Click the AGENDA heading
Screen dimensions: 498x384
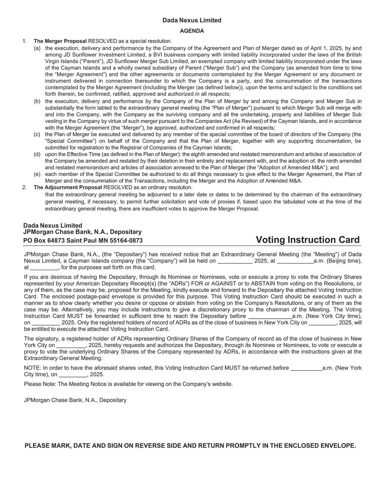[x=192, y=31]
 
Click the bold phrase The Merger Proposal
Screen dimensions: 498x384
[x=60, y=41]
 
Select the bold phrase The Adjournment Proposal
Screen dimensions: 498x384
[x=68, y=187]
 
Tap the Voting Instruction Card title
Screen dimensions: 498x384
[x=308, y=240]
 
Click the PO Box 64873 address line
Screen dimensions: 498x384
[x=83, y=241]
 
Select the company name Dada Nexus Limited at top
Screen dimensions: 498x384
[x=192, y=20]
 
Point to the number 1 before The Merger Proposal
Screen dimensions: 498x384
[x=24, y=41]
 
